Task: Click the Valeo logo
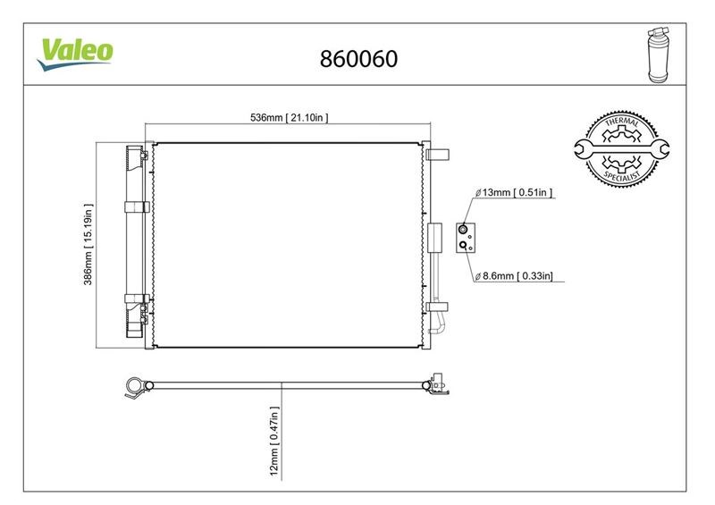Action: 75,55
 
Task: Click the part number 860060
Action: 358,59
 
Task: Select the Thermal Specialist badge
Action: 621,148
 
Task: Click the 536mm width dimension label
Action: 289,118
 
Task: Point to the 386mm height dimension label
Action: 88,245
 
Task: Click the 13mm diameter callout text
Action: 513,192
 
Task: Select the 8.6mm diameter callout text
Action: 513,276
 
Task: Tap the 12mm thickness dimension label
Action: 274,442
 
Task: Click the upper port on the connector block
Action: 463,229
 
